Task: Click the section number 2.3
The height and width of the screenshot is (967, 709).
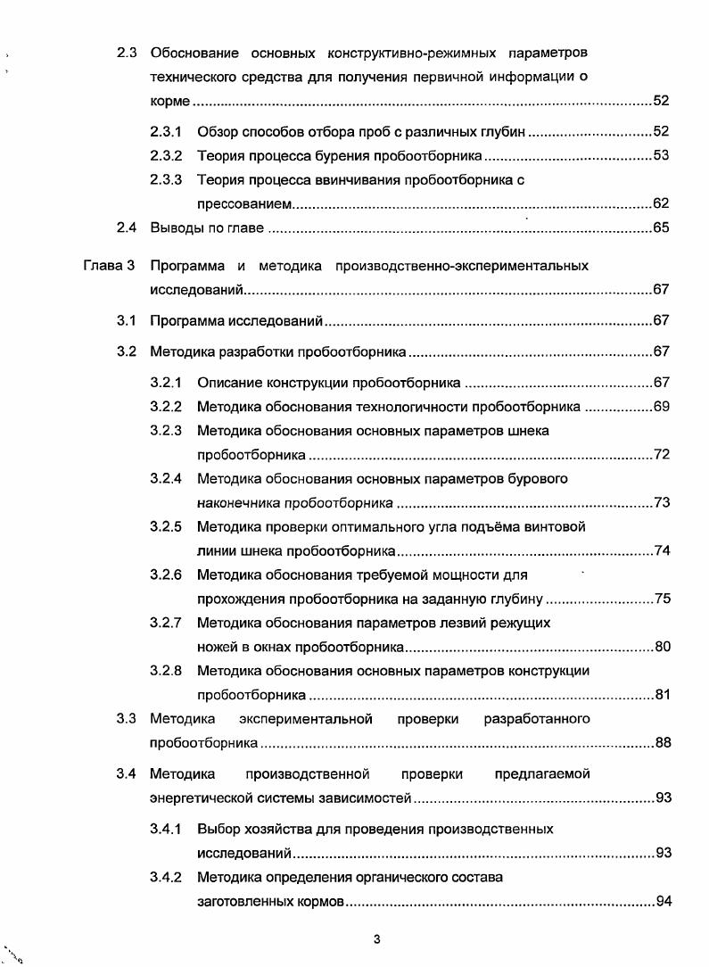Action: coord(126,53)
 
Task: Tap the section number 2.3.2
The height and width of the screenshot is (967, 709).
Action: coord(166,155)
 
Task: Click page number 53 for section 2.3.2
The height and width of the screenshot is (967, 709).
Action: coord(661,155)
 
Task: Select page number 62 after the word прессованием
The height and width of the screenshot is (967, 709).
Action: coord(661,203)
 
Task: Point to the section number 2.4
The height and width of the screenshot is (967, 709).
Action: coord(126,227)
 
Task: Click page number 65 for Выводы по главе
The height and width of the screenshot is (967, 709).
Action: coord(661,227)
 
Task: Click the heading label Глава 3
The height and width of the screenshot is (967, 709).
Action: coord(109,266)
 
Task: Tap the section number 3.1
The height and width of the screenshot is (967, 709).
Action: coord(126,320)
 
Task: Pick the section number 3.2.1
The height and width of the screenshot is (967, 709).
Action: coord(166,383)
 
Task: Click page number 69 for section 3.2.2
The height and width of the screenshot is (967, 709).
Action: coord(661,407)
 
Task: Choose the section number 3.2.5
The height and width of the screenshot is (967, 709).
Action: coord(166,526)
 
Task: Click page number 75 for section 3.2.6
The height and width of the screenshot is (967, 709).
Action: coord(662,599)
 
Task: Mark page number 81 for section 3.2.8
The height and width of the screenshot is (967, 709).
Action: coord(662,695)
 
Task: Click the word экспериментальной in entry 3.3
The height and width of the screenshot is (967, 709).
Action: coord(309,719)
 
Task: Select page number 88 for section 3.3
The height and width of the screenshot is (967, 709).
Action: coord(662,742)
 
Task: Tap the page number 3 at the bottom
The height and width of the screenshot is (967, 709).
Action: coord(377,938)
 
